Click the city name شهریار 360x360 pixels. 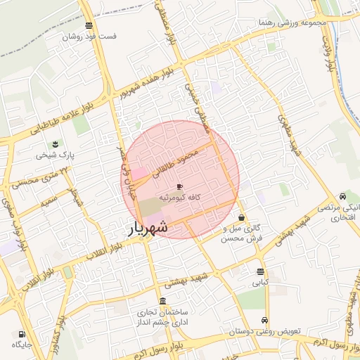click(148, 227)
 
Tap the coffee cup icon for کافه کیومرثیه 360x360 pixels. click(179, 186)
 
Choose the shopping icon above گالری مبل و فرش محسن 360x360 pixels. click(242, 218)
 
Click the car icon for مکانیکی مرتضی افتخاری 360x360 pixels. click(342, 196)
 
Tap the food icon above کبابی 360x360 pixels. click(260, 271)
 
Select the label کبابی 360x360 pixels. click(260, 283)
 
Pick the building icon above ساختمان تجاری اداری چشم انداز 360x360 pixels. click(163, 301)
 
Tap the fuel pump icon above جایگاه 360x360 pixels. click(22, 333)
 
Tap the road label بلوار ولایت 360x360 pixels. click(328, 53)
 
